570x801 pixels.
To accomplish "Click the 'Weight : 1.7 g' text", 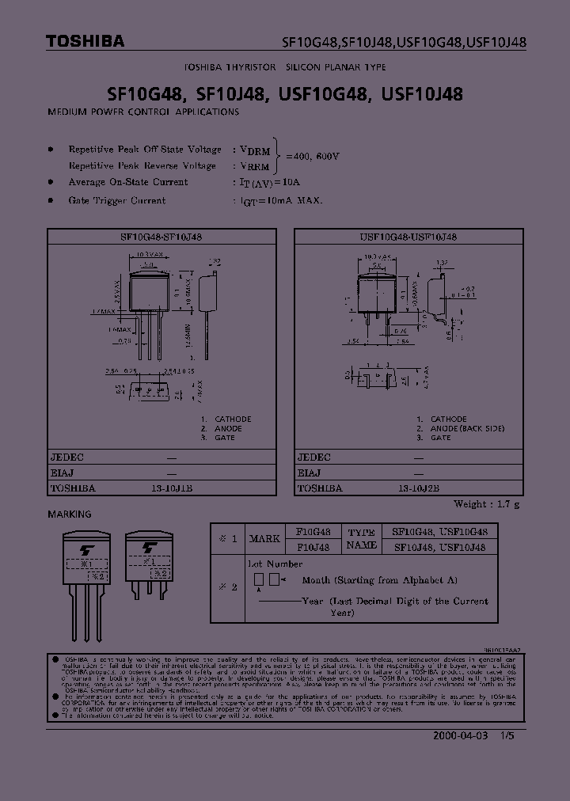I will point(486,504).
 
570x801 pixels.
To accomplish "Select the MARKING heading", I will point(70,514).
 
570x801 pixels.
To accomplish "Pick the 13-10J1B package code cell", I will point(172,488).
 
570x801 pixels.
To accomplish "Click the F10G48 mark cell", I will point(313,532).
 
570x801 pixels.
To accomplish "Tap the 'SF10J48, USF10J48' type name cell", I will point(440,547).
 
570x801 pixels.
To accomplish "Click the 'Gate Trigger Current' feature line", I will point(117,201).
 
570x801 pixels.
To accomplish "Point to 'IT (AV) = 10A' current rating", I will point(267,183).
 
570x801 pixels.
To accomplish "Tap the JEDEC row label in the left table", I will point(68,457).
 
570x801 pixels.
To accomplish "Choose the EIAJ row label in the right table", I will point(310,473).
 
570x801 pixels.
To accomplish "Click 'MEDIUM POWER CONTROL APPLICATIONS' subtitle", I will point(143,112).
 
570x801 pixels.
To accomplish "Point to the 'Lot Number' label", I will point(275,564).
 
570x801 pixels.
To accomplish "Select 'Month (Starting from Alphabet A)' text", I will point(380,580).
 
